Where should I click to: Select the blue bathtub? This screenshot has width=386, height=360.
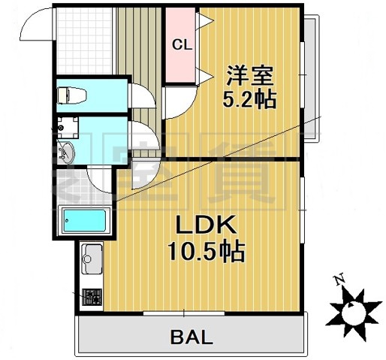[x=85, y=220]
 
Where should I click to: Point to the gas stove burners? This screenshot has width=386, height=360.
[x=92, y=295]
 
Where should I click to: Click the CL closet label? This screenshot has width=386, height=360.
[x=182, y=44]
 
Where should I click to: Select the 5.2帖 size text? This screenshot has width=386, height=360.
[x=245, y=99]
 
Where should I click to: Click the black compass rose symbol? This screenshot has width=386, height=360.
[x=351, y=309]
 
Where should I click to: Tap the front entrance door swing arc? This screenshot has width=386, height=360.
[x=33, y=26]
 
